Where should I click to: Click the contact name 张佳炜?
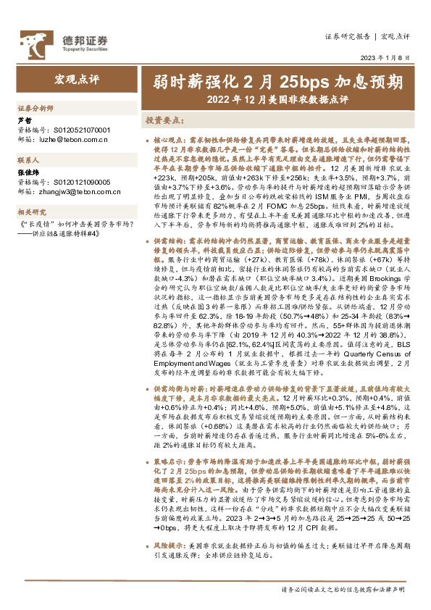coord(28,175)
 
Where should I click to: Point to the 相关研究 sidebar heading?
coord(32,212)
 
